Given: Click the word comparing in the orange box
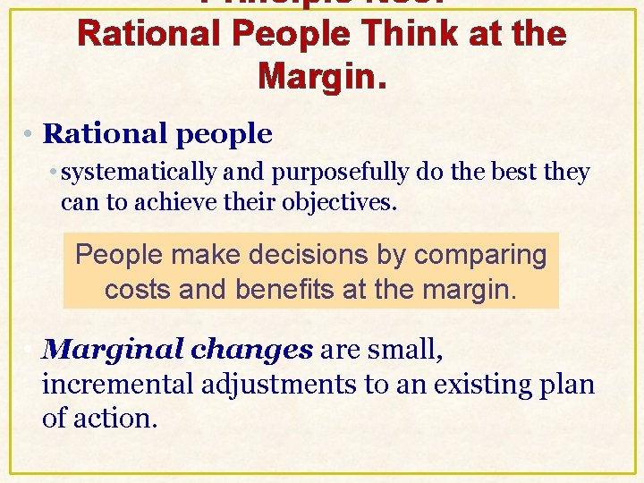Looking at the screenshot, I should [483, 255].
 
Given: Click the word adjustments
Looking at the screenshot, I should [288, 384].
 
